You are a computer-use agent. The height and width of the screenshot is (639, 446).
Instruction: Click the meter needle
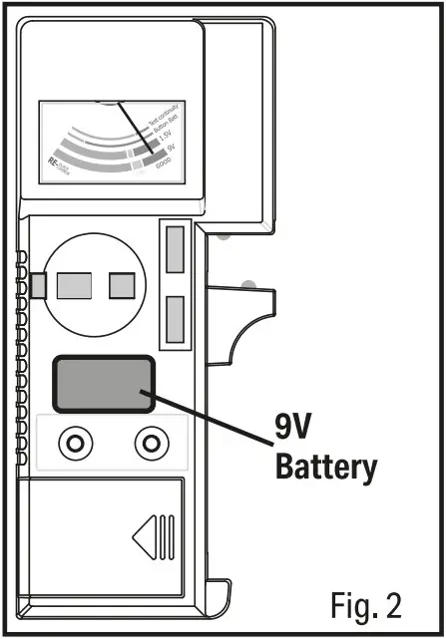tap(135, 128)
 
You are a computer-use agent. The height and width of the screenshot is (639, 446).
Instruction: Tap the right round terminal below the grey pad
tap(152, 441)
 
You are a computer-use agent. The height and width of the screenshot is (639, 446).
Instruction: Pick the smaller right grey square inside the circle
tap(122, 286)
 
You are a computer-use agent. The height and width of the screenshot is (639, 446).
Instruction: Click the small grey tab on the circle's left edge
tap(38, 286)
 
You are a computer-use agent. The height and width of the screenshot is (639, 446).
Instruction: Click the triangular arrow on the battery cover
tap(147, 537)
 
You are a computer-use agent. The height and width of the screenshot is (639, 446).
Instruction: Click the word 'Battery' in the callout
tap(327, 466)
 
